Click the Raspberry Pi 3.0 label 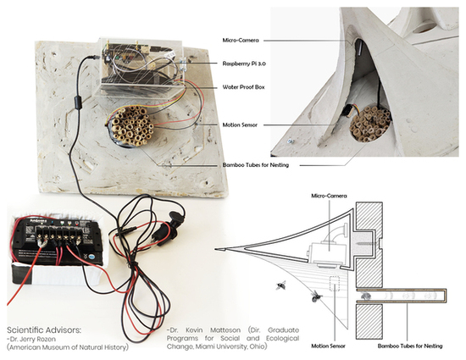(x=244, y=64)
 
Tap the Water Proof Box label (x=243, y=87)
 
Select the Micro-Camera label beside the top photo (x=241, y=41)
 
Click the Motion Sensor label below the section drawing (x=329, y=346)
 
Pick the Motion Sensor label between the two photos (x=240, y=125)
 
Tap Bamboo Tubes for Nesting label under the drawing (x=410, y=346)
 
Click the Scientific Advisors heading (x=44, y=330)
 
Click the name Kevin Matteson (x=213, y=330)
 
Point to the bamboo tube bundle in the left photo (x=130, y=125)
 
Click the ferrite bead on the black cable (x=78, y=103)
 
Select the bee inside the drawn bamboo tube (x=365, y=296)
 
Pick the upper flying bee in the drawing (x=280, y=285)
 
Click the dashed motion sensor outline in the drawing (x=335, y=284)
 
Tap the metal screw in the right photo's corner (x=289, y=141)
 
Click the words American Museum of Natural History (x=68, y=347)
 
